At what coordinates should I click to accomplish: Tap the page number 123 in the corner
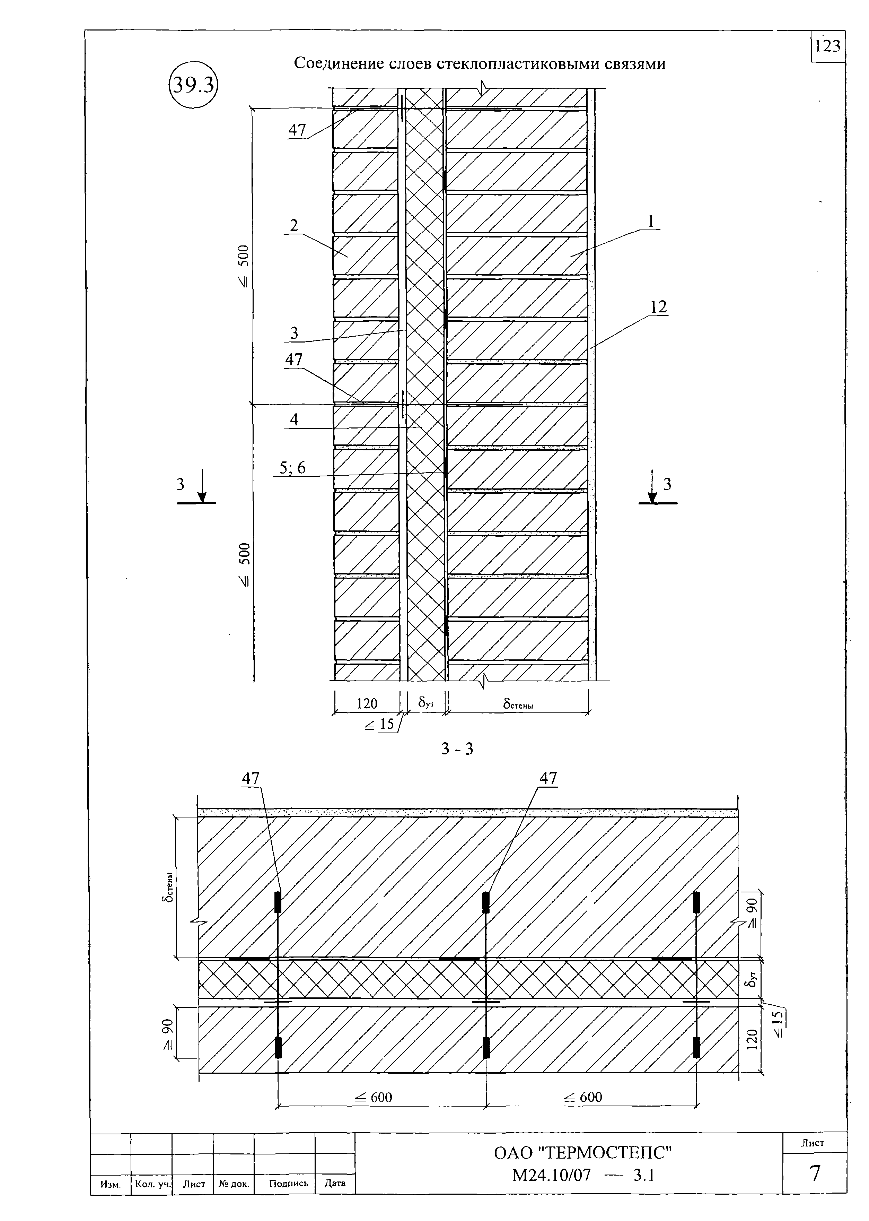pos(828,46)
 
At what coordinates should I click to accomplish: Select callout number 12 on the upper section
pos(658,307)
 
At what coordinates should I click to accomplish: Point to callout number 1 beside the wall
pos(651,221)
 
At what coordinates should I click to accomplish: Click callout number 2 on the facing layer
pos(294,225)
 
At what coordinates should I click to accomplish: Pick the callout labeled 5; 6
pos(293,468)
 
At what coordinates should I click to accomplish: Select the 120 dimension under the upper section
pos(367,703)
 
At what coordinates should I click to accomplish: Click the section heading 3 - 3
pos(457,748)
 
